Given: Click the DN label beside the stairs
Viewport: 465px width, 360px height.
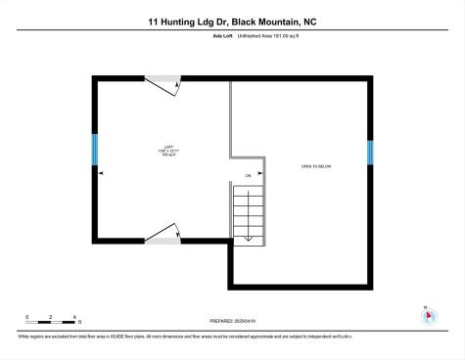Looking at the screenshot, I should click(248, 176).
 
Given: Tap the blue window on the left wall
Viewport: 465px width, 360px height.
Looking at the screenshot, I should click(95, 150).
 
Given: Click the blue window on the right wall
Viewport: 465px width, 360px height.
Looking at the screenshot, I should click(370, 153).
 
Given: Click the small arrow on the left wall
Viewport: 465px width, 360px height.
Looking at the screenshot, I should click(102, 174).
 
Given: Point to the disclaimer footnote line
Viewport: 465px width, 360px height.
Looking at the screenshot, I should click(184, 336).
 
